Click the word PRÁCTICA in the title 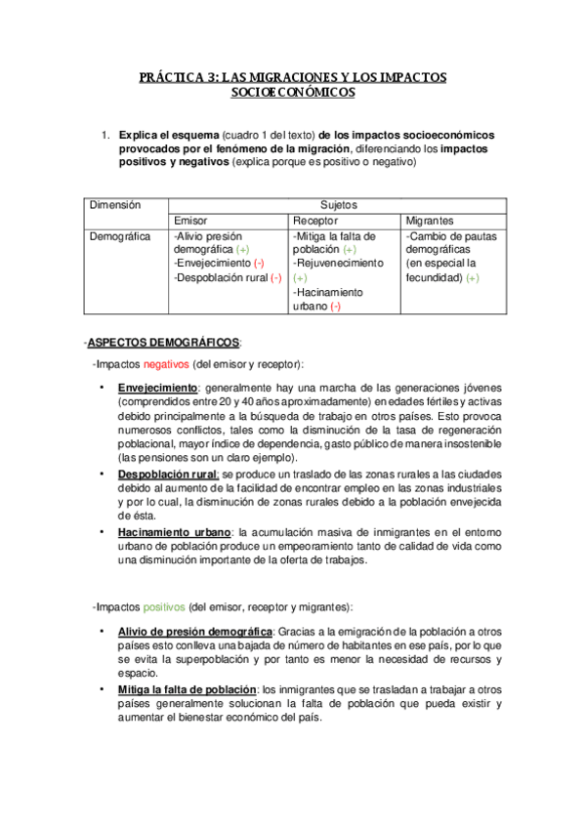[169, 76]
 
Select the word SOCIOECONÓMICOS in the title [292, 93]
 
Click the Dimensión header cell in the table [115, 205]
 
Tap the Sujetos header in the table [338, 205]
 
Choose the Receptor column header [314, 221]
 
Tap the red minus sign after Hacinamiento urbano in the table [335, 307]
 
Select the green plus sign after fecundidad [473, 278]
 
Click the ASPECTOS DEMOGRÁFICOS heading [164, 343]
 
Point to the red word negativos [167, 364]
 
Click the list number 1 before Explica [104, 135]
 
